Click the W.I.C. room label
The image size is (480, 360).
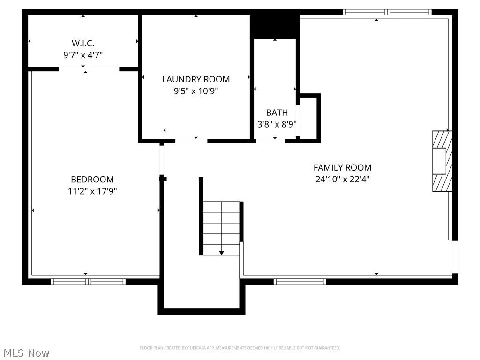(83, 43)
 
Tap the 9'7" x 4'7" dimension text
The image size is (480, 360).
(83, 55)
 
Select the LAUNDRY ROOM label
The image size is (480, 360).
(196, 79)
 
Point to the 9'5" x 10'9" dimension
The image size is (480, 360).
(196, 91)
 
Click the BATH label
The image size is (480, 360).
(277, 112)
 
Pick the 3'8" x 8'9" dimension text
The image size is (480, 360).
(277, 124)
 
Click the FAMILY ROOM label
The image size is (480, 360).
(342, 167)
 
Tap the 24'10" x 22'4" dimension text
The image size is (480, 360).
(342, 179)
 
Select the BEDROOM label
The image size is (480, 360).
(92, 179)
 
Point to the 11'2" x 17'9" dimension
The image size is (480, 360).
(92, 191)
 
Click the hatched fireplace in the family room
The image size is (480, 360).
(442, 161)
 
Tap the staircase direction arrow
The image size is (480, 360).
(222, 252)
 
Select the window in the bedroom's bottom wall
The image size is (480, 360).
(88, 282)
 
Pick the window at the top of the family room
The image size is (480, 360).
(387, 12)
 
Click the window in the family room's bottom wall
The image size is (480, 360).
(300, 282)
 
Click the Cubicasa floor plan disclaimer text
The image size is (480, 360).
(240, 348)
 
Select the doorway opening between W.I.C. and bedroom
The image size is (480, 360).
(89, 69)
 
